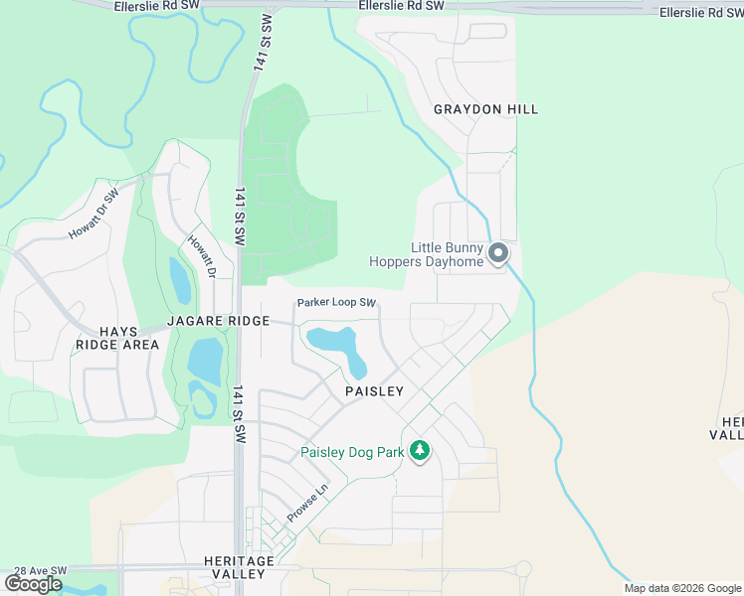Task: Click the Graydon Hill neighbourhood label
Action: (485, 109)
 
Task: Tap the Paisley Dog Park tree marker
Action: (420, 451)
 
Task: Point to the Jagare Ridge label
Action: (219, 321)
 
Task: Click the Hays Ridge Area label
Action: (116, 338)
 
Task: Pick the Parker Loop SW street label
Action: (337, 303)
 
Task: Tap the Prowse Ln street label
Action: (307, 505)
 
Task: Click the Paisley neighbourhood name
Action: (374, 391)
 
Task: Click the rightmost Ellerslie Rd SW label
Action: (700, 11)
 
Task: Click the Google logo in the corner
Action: (33, 584)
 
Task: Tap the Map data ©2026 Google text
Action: (682, 588)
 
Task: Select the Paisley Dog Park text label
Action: (352, 452)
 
